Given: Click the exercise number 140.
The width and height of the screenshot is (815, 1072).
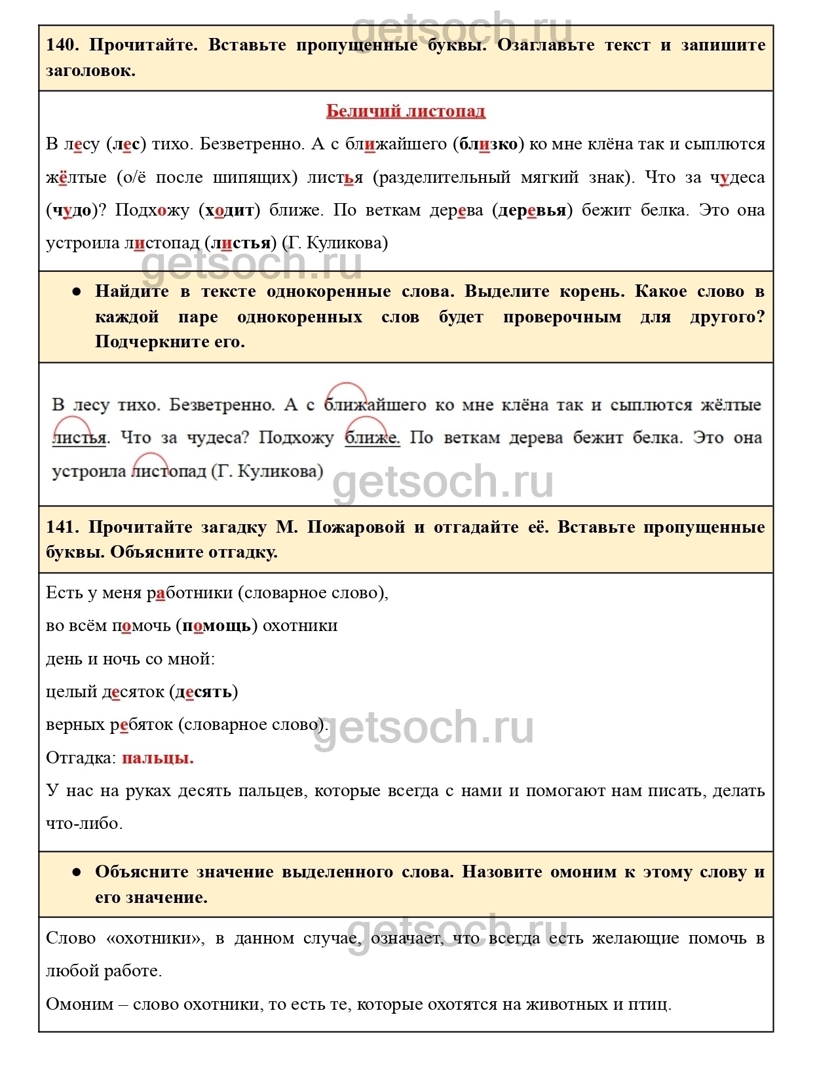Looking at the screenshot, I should [x=62, y=45].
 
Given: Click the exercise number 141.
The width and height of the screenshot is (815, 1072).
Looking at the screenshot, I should [x=62, y=527].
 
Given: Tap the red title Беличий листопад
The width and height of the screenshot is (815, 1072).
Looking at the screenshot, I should [x=406, y=111].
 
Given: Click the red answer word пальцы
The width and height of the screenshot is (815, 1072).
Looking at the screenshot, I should [x=158, y=758].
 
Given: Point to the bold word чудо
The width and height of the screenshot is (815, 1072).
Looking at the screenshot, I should [x=71, y=210].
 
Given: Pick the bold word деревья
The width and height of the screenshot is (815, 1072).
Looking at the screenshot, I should [x=531, y=210].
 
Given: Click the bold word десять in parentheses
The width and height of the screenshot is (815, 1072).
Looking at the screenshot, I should [x=203, y=692].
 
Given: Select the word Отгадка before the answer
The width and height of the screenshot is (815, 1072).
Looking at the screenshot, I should [x=81, y=758].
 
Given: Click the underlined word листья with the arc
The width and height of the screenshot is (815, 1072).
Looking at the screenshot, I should [x=79, y=438].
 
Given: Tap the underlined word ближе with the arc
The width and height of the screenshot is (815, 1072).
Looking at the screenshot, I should [x=371, y=438].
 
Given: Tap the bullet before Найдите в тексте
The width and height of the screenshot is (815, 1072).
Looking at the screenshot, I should [x=77, y=292].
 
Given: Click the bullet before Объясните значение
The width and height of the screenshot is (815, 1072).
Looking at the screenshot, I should [x=77, y=872].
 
